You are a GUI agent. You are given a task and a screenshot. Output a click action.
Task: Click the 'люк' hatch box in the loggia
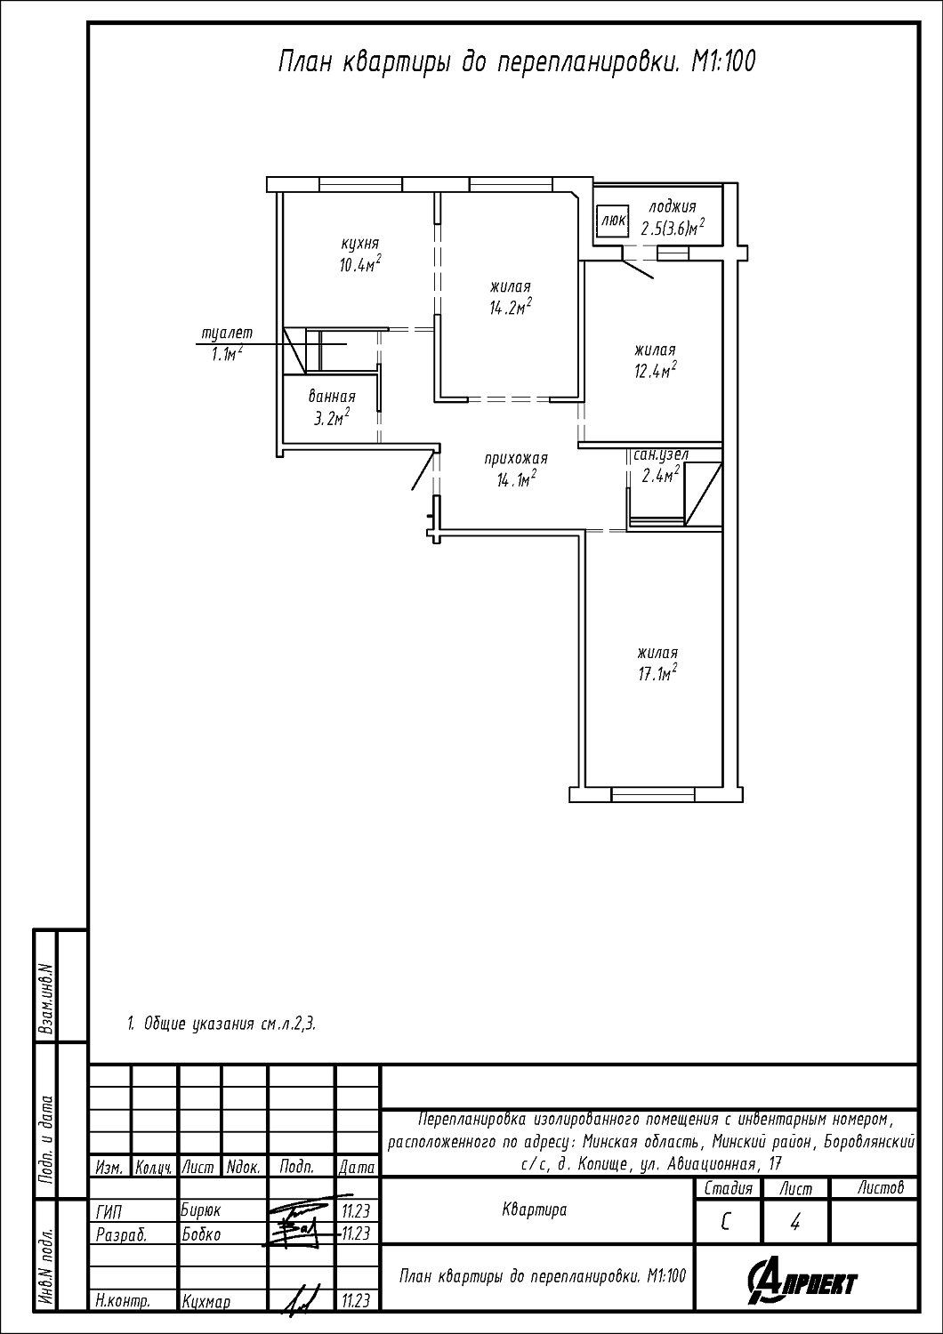(x=613, y=221)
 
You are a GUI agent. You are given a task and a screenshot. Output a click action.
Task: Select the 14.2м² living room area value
(x=510, y=308)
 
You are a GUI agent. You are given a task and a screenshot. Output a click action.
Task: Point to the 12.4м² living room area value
(x=655, y=371)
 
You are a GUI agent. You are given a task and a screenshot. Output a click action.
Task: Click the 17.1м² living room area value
(x=657, y=673)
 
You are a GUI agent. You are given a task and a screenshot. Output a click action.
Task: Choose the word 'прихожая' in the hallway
(x=516, y=459)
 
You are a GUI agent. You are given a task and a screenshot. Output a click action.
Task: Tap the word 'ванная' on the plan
(x=332, y=397)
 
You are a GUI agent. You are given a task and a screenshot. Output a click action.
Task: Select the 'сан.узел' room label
(x=661, y=455)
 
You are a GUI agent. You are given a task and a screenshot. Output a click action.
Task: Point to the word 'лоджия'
(x=672, y=207)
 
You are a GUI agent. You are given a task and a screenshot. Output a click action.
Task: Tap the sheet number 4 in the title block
(x=794, y=1223)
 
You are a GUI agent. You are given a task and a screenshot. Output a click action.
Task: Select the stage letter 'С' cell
(x=726, y=1223)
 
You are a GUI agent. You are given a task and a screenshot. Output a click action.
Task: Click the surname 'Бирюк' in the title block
(x=201, y=1210)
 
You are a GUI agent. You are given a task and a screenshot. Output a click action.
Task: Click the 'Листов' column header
(x=881, y=1188)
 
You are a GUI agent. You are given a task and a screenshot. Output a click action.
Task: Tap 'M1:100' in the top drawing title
(x=722, y=62)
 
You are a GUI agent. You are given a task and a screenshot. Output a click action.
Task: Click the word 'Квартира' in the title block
(x=535, y=1209)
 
